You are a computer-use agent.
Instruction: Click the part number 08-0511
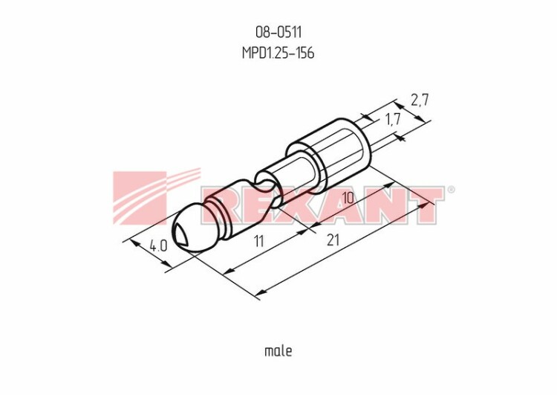pyautogui.click(x=278, y=33)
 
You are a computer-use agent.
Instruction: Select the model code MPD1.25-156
pyautogui.click(x=278, y=53)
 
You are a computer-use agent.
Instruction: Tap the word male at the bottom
pyautogui.click(x=278, y=351)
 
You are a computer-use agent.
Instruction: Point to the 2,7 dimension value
pyautogui.click(x=420, y=100)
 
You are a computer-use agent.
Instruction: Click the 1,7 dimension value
pyautogui.click(x=393, y=119)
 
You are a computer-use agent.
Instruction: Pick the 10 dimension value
pyautogui.click(x=348, y=198)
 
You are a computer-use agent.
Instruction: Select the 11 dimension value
pyautogui.click(x=259, y=241)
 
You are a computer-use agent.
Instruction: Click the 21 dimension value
pyautogui.click(x=333, y=240)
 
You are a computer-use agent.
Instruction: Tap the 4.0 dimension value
pyautogui.click(x=158, y=245)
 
